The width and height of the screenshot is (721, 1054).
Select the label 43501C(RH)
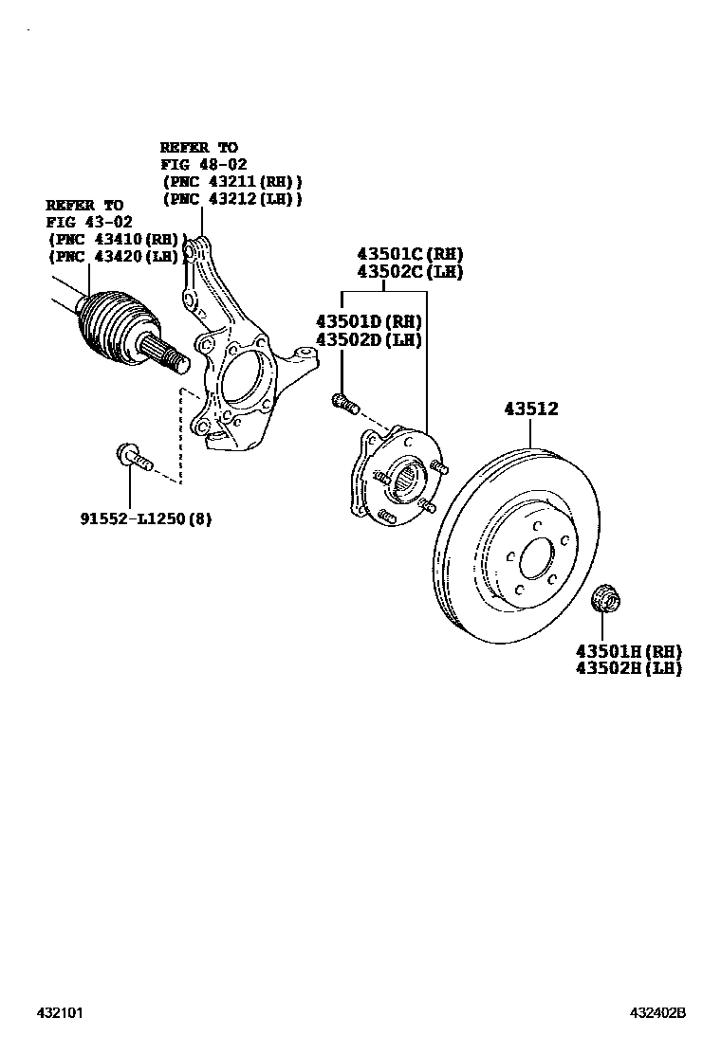tap(410, 255)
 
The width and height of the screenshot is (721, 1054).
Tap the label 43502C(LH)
tap(410, 272)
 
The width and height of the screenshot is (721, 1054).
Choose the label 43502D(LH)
tap(368, 340)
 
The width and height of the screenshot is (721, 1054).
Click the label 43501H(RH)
tap(628, 651)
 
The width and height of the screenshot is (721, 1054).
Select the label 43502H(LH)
tap(628, 668)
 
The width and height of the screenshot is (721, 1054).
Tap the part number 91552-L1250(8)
tap(146, 518)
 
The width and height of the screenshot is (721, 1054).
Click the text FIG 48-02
tap(203, 164)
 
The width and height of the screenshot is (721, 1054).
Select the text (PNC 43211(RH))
tap(231, 181)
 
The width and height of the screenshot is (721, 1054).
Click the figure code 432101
tap(61, 1013)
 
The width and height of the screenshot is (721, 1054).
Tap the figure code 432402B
tap(657, 1013)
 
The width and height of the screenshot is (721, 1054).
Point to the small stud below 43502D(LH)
tap(345, 404)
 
